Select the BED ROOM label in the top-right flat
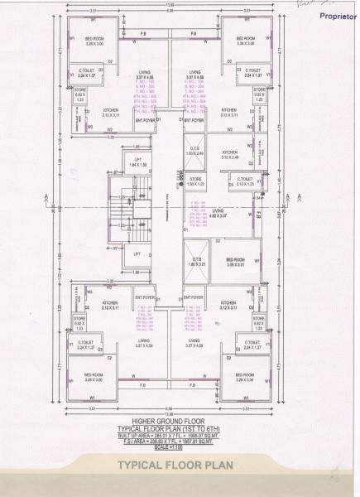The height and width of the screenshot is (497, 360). pyautogui.click(x=246, y=41)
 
